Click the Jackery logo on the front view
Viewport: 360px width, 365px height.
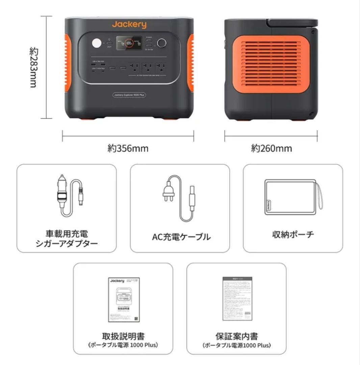coord(129,24)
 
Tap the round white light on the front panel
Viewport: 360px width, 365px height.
coord(97,44)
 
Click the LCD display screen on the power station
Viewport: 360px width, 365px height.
coord(129,44)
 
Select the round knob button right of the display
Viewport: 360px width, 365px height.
coord(161,43)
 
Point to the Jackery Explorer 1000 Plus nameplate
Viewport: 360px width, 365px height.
coord(129,96)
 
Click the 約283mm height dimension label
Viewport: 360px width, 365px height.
coord(33,67)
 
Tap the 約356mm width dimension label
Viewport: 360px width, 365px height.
coord(128,148)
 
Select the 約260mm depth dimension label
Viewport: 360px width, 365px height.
coord(271,148)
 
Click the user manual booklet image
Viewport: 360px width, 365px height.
coord(124,300)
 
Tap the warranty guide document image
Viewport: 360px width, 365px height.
coord(237,299)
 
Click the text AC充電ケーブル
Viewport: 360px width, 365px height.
coord(181,237)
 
